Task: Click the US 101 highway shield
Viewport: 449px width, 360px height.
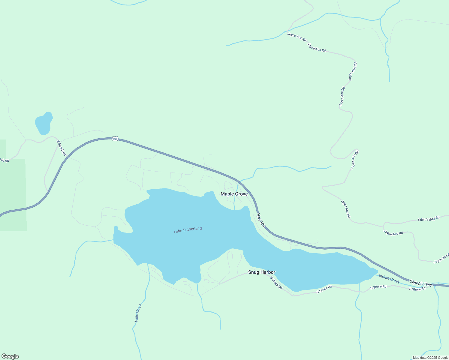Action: tap(115, 139)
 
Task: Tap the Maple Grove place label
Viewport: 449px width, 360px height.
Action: tap(234, 194)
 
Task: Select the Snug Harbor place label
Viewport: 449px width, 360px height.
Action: tap(261, 272)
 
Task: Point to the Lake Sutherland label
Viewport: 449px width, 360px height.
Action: tap(188, 230)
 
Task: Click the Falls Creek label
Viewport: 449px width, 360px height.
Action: tap(138, 313)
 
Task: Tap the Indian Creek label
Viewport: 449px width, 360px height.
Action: tap(389, 279)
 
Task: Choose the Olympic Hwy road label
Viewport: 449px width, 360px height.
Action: tap(421, 283)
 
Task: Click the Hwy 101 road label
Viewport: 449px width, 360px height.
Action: tap(261, 220)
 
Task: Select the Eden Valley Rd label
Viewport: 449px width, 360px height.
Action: tap(429, 219)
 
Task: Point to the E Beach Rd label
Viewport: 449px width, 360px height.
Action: tap(61, 148)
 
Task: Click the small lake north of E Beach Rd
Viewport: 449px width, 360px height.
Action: tap(44, 124)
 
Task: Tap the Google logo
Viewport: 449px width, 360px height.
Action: tap(10, 356)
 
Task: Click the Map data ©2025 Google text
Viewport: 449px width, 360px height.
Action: tap(430, 358)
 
